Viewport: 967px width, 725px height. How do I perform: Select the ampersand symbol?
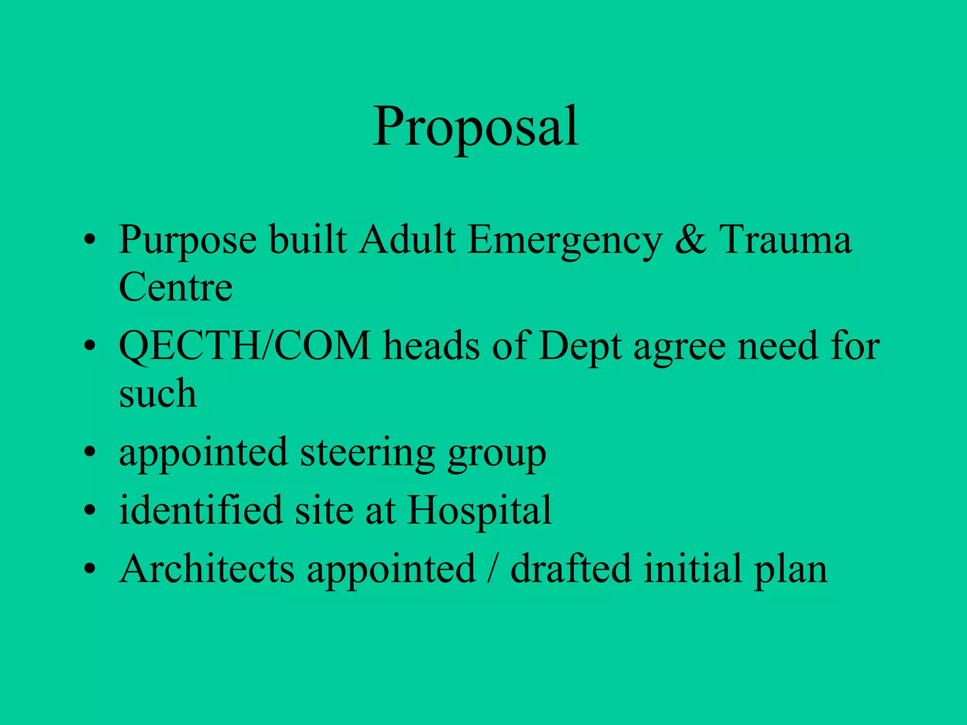(691, 240)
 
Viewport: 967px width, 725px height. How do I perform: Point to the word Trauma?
(785, 240)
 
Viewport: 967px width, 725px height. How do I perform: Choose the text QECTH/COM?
(245, 346)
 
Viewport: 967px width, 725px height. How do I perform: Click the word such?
(158, 394)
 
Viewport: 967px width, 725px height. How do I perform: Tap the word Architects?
(207, 569)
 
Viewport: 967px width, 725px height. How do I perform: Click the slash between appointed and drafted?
(493, 569)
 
